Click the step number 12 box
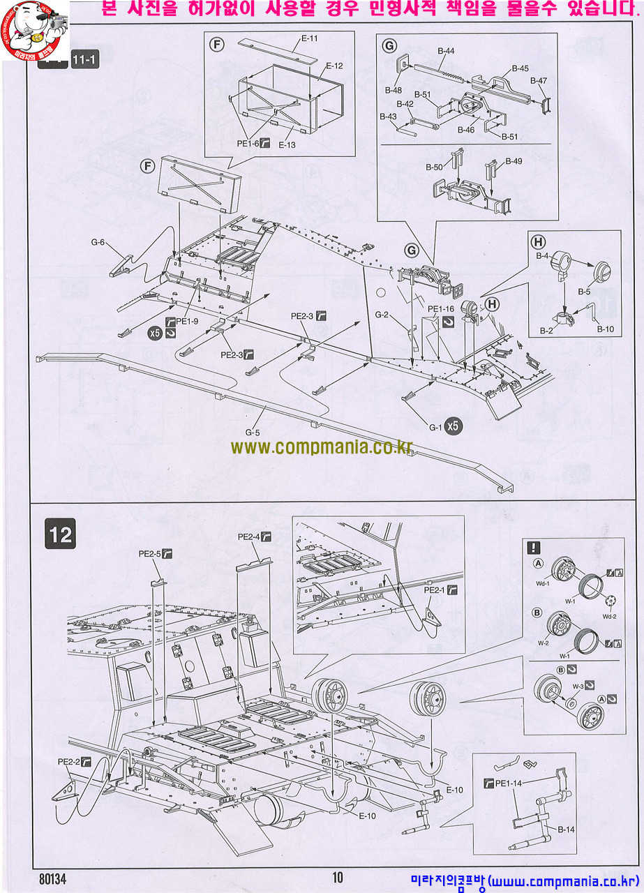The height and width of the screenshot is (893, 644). [x=61, y=534]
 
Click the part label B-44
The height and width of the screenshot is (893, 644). [x=446, y=51]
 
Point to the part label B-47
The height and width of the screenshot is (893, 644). [x=538, y=81]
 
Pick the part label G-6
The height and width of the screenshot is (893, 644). [x=98, y=243]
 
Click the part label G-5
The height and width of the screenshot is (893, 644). [x=253, y=432]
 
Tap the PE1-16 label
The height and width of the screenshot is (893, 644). [x=440, y=309]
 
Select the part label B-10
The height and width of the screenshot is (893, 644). [x=605, y=329]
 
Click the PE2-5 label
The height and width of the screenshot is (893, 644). [x=149, y=554]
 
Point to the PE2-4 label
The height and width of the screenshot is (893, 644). [x=248, y=536]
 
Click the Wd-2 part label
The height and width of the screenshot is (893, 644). [x=610, y=617]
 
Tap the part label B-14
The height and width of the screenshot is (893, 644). [x=566, y=830]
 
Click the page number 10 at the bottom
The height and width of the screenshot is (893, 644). [x=338, y=878]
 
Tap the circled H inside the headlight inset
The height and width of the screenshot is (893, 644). [x=538, y=243]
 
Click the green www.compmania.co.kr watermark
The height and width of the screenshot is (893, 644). [x=322, y=446]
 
